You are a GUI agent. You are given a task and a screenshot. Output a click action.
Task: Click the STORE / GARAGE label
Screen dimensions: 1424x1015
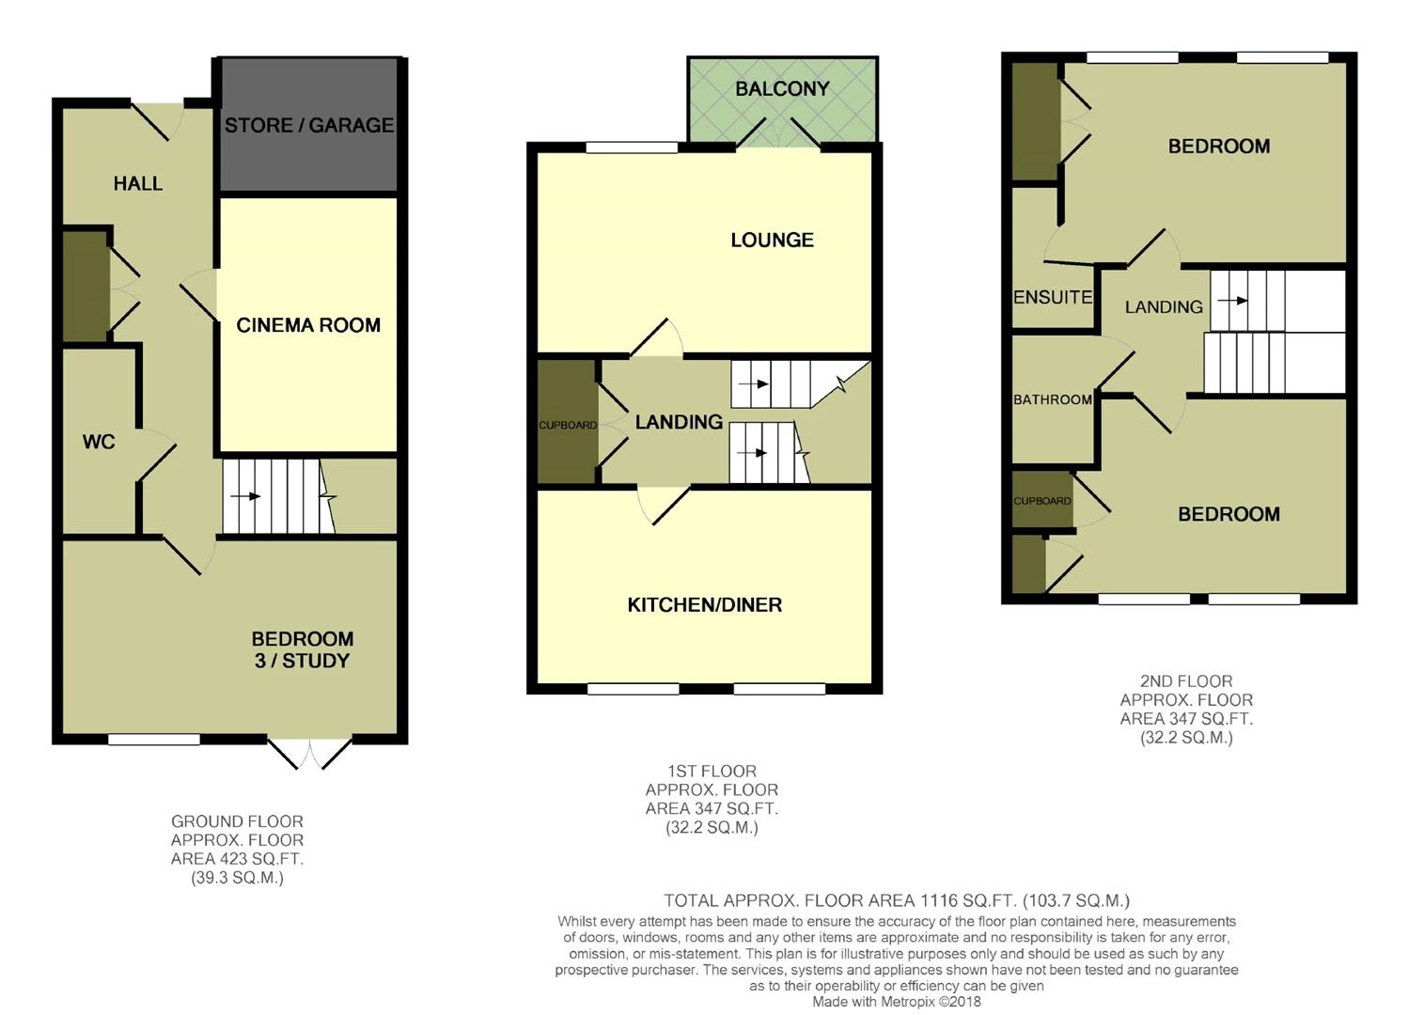pyautogui.click(x=309, y=125)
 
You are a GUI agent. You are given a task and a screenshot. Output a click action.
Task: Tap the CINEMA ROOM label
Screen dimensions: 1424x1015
pyautogui.click(x=308, y=325)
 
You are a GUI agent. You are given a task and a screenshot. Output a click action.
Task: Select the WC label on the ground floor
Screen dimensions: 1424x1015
pyautogui.click(x=99, y=442)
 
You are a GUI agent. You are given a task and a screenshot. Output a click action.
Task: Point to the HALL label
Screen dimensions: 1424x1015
pyautogui.click(x=138, y=183)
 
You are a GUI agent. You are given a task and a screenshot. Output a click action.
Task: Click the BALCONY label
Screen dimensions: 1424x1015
pyautogui.click(x=783, y=88)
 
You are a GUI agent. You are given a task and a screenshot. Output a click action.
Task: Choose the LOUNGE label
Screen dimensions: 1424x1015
pyautogui.click(x=773, y=240)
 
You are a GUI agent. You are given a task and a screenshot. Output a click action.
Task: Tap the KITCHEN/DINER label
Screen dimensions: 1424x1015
pyautogui.click(x=705, y=604)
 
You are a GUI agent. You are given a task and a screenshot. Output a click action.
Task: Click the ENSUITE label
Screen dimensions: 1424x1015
pyautogui.click(x=1053, y=297)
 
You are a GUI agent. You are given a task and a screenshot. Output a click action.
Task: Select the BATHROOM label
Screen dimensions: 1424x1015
pyautogui.click(x=1053, y=399)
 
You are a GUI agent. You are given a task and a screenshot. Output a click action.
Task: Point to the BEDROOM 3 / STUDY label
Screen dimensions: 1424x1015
pyautogui.click(x=303, y=649)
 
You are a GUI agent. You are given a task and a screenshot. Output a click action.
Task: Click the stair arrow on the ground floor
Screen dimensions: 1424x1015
pyautogui.click(x=245, y=495)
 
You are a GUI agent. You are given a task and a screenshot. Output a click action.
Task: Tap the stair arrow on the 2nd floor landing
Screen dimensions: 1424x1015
pyautogui.click(x=1232, y=300)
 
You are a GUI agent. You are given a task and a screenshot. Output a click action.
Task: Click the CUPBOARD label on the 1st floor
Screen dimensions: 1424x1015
pyautogui.click(x=568, y=425)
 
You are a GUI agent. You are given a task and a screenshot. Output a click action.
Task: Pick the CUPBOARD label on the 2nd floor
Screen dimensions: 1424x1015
pyautogui.click(x=1042, y=501)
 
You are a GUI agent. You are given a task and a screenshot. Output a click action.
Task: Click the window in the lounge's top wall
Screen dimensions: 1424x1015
pyautogui.click(x=632, y=148)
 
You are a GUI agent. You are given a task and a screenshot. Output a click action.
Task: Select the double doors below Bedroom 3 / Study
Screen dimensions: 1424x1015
pyautogui.click(x=309, y=753)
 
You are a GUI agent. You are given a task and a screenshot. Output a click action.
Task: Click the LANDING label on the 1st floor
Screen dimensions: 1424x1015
pyautogui.click(x=679, y=422)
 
